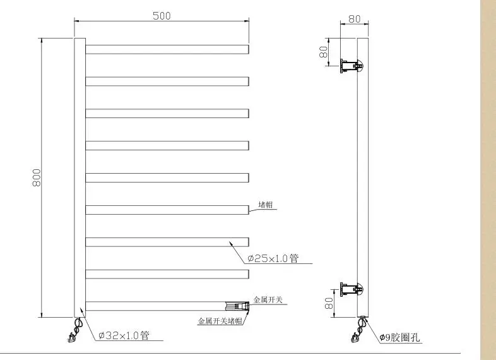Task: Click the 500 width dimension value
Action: tap(162, 16)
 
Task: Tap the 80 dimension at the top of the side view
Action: tap(354, 19)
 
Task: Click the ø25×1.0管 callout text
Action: tap(272, 258)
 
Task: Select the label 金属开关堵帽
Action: tap(219, 321)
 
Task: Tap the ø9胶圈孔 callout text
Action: tap(399, 338)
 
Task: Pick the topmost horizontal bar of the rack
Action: tap(167, 49)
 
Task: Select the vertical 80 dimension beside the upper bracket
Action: tap(324, 52)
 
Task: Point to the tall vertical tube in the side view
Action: tap(363, 177)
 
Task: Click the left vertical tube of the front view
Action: tap(80, 177)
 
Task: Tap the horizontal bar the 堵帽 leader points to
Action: tap(167, 210)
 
